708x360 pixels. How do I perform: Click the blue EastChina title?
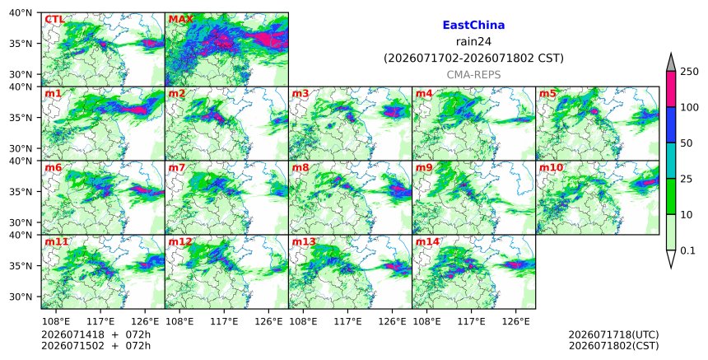(x=473, y=25)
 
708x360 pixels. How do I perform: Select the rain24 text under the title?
(x=473, y=41)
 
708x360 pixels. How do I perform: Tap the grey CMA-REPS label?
(x=473, y=75)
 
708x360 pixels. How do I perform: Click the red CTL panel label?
(x=54, y=20)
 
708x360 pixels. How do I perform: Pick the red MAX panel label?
(x=180, y=20)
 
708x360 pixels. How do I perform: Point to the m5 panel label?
(x=547, y=93)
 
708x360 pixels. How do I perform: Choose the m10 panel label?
(x=551, y=167)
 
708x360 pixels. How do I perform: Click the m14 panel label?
(x=427, y=241)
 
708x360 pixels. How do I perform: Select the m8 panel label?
(x=300, y=167)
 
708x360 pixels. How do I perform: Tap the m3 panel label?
(x=300, y=93)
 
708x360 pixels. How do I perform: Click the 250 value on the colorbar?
(x=690, y=72)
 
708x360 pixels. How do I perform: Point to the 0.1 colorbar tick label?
(x=687, y=250)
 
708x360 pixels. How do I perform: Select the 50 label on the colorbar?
(x=687, y=143)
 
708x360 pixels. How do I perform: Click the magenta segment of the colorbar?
(x=671, y=89)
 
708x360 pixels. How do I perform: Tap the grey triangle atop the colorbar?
(x=671, y=63)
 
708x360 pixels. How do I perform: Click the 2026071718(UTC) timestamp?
(x=613, y=334)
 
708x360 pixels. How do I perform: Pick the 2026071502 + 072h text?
(x=95, y=346)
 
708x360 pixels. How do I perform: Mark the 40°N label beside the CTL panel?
(x=21, y=12)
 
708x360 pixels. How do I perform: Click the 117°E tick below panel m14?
(x=471, y=321)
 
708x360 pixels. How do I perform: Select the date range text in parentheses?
(x=473, y=58)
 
